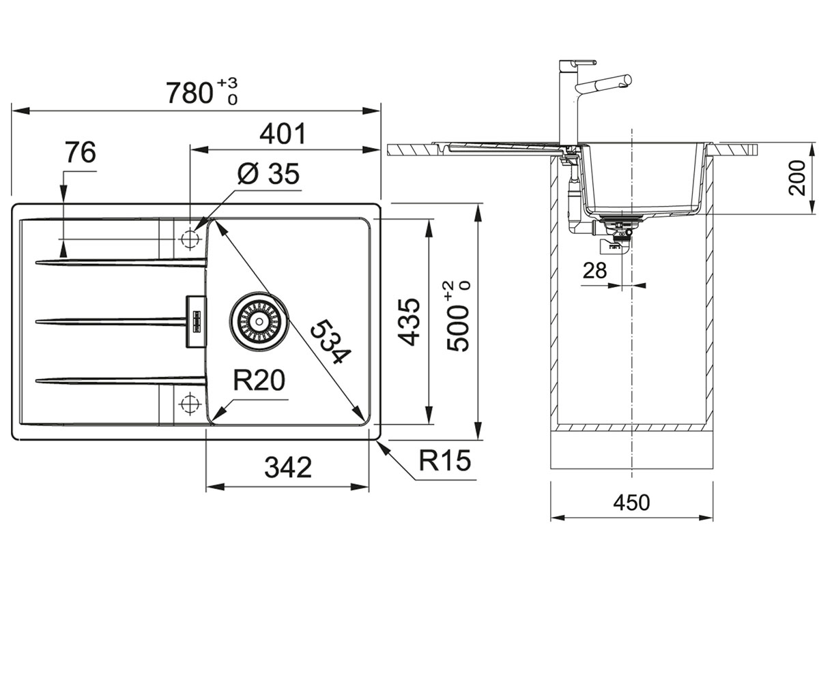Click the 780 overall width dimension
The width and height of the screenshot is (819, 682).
201,93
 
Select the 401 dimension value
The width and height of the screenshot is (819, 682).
283,134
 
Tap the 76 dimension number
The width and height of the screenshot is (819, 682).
81,152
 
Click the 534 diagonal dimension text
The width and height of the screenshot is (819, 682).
330,342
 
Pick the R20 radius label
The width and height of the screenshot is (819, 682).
259,380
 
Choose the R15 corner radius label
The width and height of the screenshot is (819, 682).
444,460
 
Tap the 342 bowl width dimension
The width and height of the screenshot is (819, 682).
288,466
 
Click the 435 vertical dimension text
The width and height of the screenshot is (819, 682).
408,322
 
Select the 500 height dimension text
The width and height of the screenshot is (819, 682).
458,316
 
